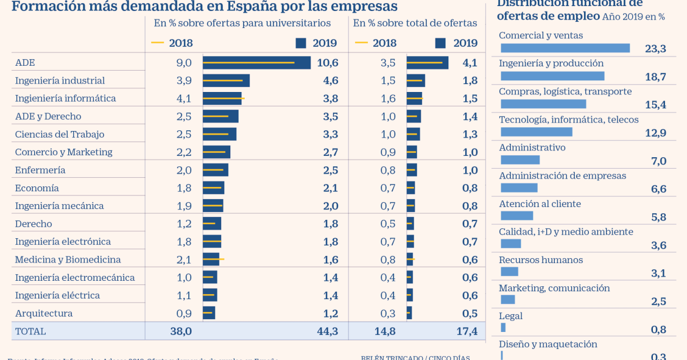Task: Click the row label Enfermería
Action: [x=40, y=170]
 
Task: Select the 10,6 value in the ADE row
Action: [x=327, y=63]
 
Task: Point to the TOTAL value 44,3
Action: [x=327, y=331]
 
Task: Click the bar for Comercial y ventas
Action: [x=565, y=48]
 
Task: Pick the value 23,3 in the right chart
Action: [x=655, y=49]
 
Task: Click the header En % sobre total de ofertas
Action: [x=415, y=23]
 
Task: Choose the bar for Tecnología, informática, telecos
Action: [x=537, y=132]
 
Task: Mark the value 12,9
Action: [x=655, y=133]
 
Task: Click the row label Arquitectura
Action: [x=44, y=313]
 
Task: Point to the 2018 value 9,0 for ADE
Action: [x=184, y=63]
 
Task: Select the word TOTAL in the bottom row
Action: [x=30, y=331]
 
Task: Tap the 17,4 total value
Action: [x=466, y=331]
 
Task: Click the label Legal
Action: [x=510, y=316]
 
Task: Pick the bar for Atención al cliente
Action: [x=516, y=216]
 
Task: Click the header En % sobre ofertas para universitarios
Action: [x=242, y=23]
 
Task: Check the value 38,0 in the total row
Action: [x=181, y=331]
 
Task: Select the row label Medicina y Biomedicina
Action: [x=68, y=259]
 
